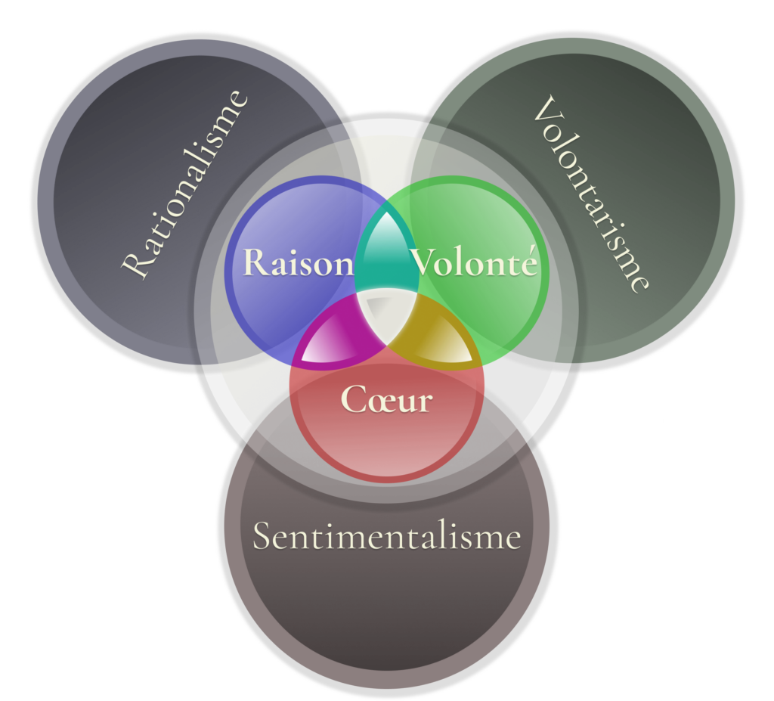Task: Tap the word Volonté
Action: click(475, 263)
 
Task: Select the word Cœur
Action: click(386, 399)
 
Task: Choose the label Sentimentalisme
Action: click(386, 537)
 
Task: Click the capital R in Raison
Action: click(255, 262)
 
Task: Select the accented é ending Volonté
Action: click(529, 262)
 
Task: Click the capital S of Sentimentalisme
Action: click(262, 537)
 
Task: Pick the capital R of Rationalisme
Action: click(136, 266)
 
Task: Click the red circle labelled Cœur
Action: click(386, 446)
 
